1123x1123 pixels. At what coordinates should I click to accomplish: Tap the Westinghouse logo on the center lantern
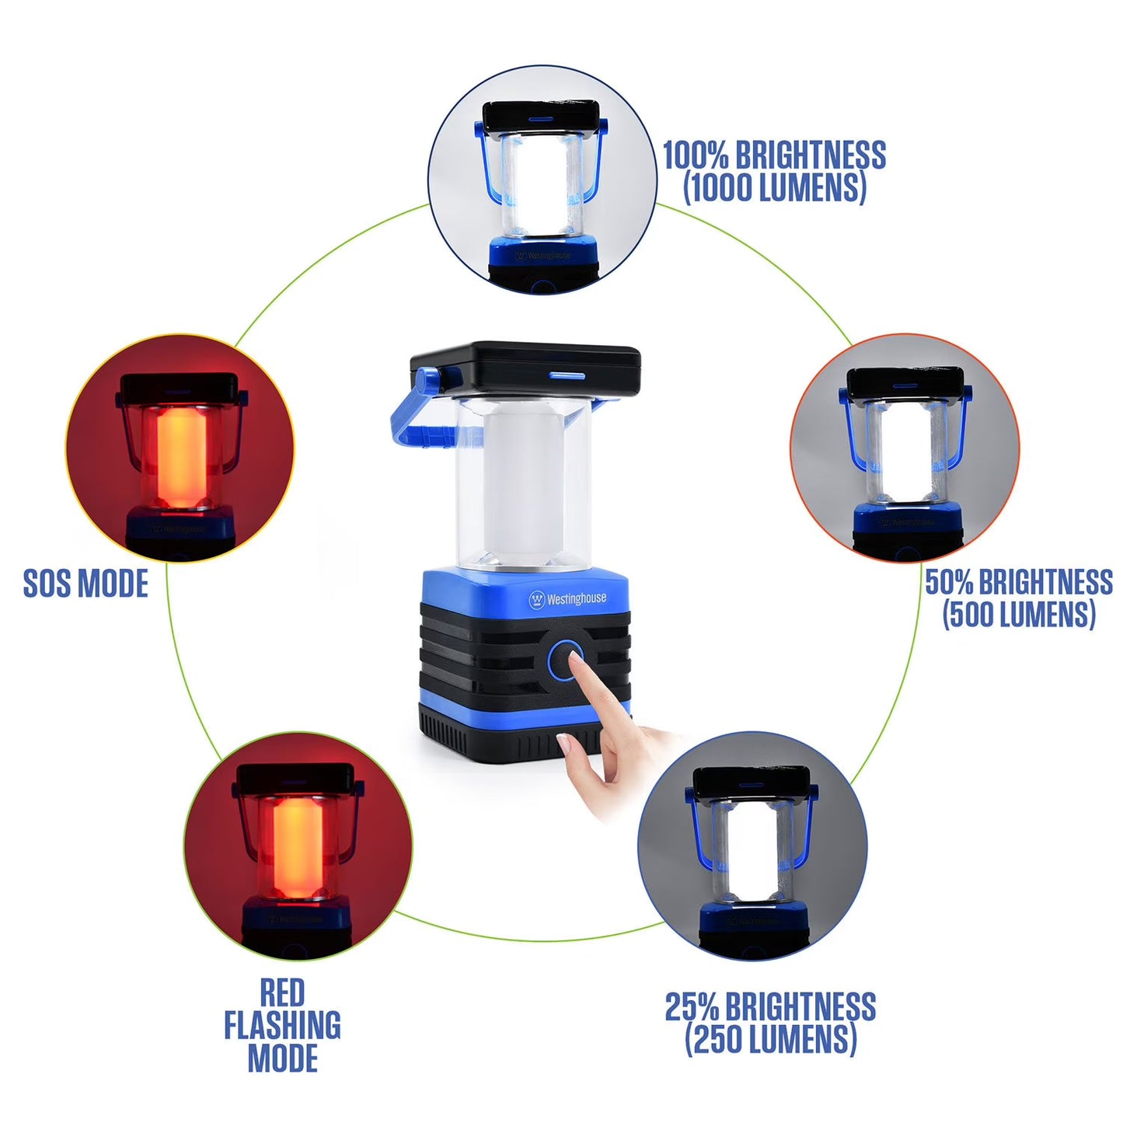[x=567, y=599]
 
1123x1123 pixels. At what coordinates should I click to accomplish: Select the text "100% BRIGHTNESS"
[x=773, y=155]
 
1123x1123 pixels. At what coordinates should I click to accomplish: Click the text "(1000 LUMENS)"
[x=774, y=189]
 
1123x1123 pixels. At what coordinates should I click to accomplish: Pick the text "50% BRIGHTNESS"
[x=1018, y=582]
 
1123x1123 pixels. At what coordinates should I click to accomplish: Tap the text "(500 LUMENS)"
[x=1019, y=615]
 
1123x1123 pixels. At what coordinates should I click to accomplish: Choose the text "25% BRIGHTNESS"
[x=770, y=1007]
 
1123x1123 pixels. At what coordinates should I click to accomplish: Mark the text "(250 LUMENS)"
[x=770, y=1040]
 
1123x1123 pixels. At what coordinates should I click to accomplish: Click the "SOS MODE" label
[x=85, y=584]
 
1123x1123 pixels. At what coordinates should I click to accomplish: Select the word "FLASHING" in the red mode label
[x=282, y=1026]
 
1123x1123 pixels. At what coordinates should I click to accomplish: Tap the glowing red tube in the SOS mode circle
[x=180, y=459]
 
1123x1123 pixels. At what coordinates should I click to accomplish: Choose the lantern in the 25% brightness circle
[x=752, y=855]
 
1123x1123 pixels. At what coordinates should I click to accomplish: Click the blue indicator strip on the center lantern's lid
[x=567, y=376]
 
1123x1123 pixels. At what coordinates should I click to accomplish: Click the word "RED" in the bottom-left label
[x=282, y=993]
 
